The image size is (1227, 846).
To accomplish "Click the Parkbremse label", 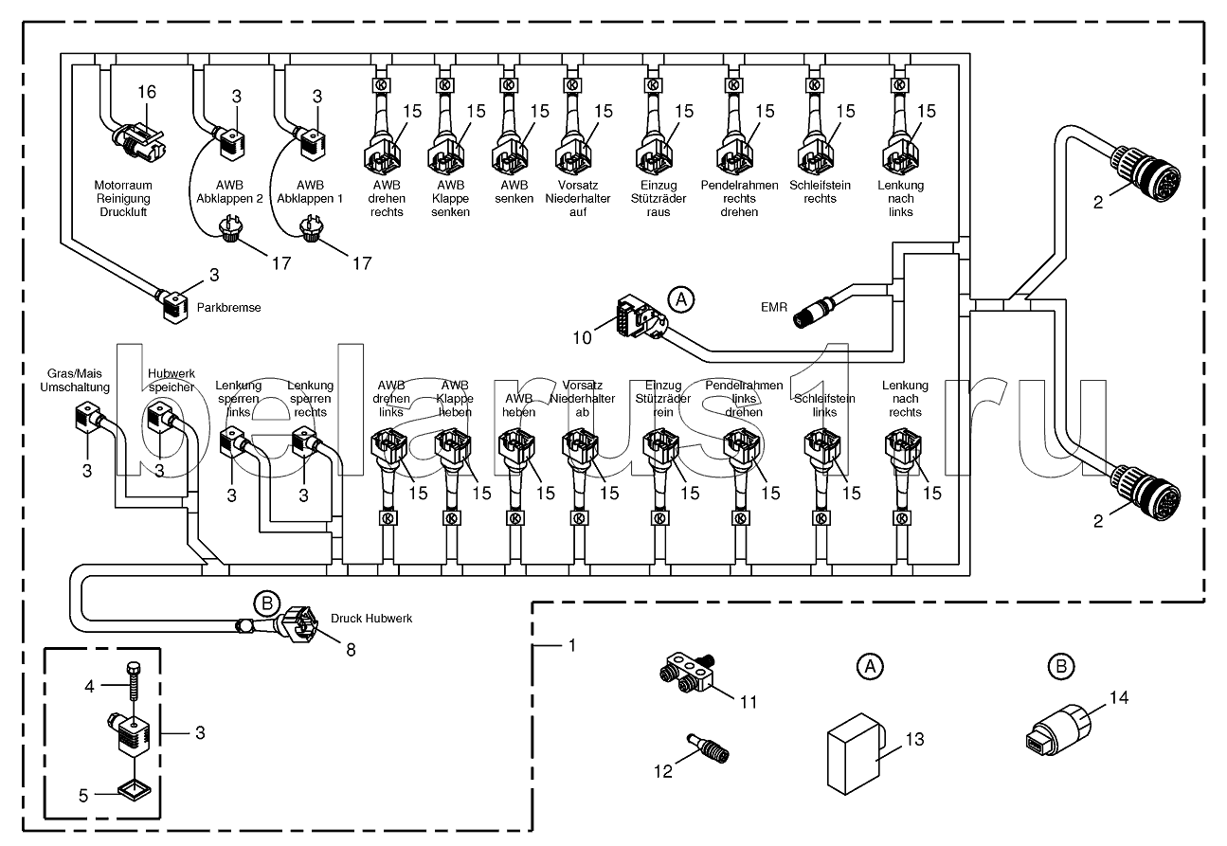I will coord(229,308).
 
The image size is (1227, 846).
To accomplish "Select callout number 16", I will coord(146,92).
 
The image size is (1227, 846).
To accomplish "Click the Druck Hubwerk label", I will coord(371,619).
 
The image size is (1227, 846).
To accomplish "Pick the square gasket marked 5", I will coord(133,788).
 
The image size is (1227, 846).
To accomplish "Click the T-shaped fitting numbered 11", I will coord(689,675).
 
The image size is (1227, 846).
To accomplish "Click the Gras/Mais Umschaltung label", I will coord(74,380).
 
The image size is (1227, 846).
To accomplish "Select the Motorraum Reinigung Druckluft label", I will coord(121,199).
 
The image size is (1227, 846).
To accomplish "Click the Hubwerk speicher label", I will coord(171,380).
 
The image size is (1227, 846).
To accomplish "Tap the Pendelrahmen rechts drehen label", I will coord(739,199).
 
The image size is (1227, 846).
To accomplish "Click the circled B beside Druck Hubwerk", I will coord(267,603).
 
